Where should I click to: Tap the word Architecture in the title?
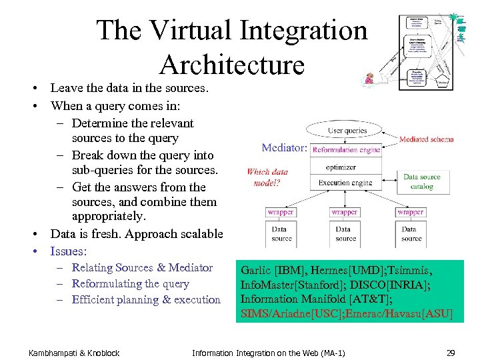click(x=232, y=65)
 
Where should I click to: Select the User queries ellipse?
click(x=347, y=131)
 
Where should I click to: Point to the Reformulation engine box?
click(x=346, y=150)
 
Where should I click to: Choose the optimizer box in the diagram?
click(x=345, y=167)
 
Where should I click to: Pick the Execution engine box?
click(x=345, y=183)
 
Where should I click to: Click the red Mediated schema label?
click(x=426, y=139)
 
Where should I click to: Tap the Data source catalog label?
click(x=422, y=182)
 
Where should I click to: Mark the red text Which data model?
click(x=267, y=177)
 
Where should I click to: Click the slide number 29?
click(x=450, y=352)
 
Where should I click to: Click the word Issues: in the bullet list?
click(x=69, y=251)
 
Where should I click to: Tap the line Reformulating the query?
click(x=130, y=283)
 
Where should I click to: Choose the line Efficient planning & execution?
click(x=146, y=299)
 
